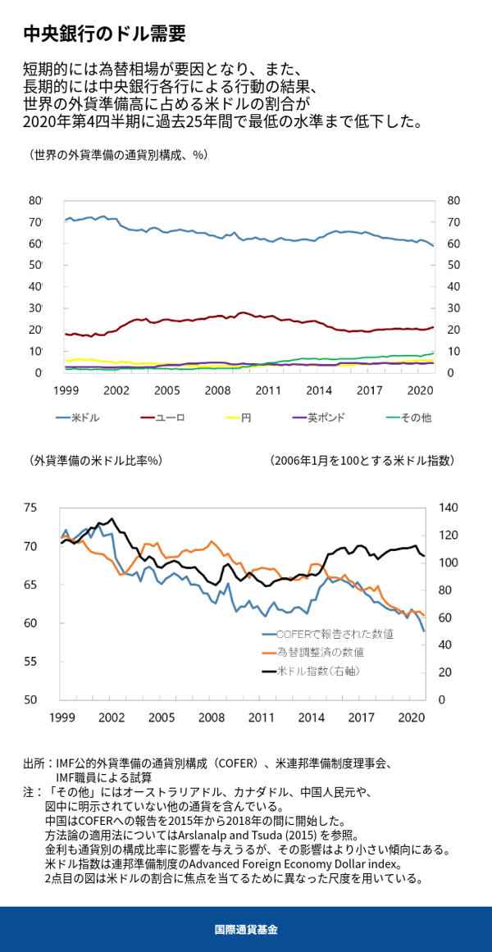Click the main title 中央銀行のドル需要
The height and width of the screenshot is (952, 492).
coord(104,34)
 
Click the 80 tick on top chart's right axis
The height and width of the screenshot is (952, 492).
coord(453,201)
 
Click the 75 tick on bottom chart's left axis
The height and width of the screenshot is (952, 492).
coord(30,508)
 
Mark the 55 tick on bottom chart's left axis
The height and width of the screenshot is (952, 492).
coord(30,662)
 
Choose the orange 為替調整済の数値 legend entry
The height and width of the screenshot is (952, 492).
coord(313,653)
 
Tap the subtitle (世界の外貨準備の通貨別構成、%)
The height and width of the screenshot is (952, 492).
coord(117,155)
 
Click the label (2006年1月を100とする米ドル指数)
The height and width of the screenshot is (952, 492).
coord(362,462)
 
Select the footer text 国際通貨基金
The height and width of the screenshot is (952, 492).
coord(246,930)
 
